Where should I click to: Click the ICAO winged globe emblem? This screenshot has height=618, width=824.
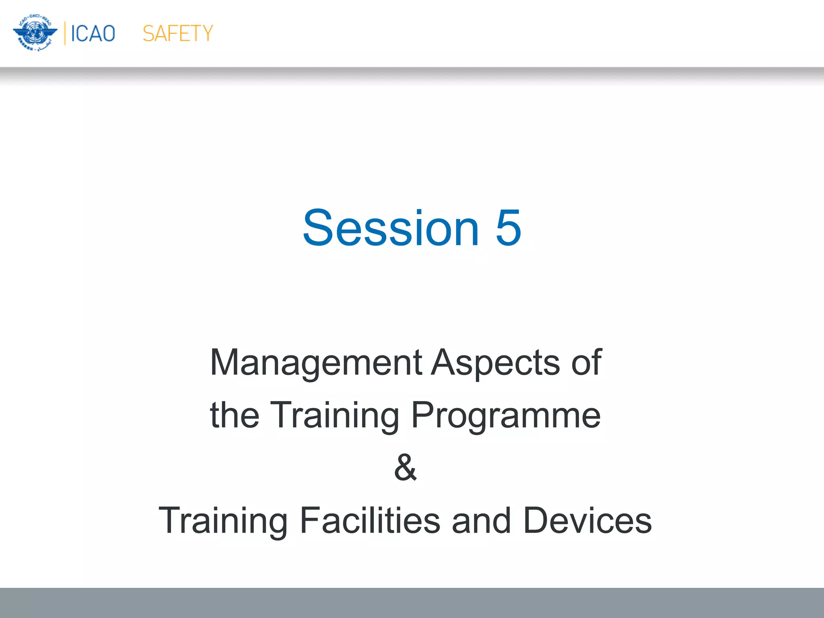point(35,33)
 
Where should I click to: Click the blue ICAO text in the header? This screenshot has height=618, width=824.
point(93,33)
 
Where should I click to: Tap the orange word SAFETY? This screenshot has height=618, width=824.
point(177,33)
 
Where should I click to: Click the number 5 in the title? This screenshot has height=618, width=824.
point(508,228)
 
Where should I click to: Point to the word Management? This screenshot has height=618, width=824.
point(316,363)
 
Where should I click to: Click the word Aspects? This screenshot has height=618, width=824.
point(495,363)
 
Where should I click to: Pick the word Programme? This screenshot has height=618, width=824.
point(506,416)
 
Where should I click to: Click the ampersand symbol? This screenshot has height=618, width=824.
point(406,468)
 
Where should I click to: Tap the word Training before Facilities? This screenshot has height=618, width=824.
point(223,521)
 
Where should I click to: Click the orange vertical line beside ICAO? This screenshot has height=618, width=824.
point(65,33)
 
